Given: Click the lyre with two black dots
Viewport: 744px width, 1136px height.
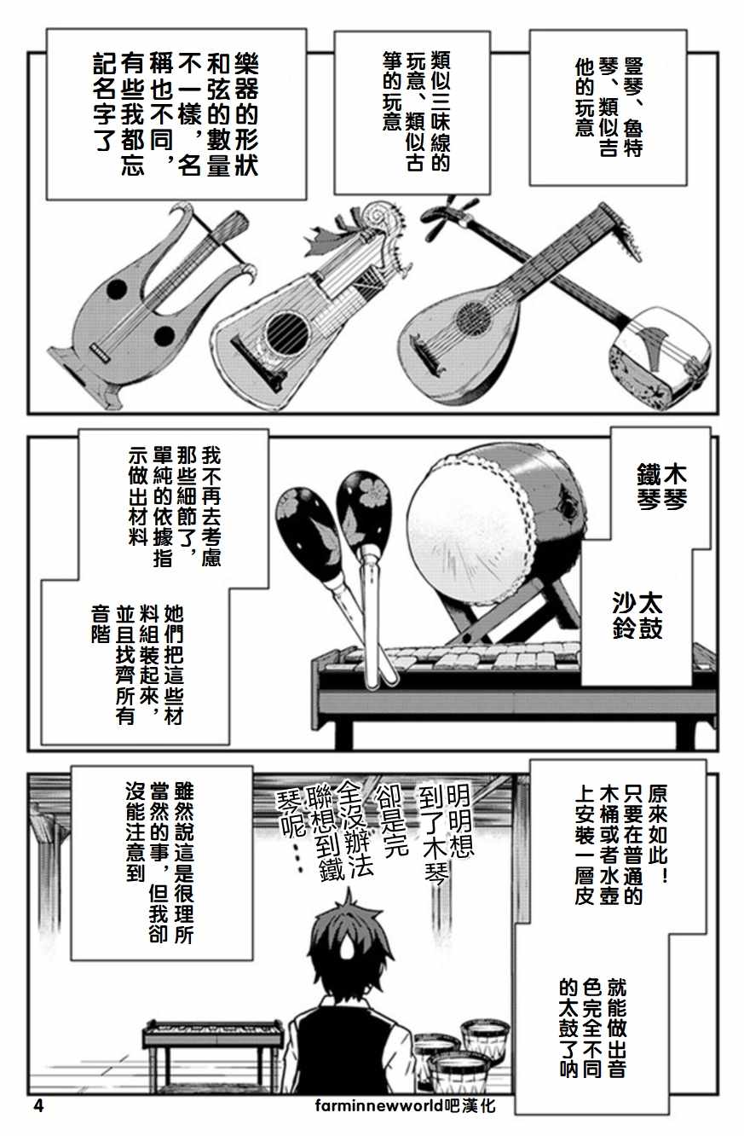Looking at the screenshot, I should pos(145,298).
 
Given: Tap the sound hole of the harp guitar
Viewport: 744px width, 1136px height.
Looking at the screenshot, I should pos(284,327).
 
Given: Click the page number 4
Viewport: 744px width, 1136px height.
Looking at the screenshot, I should pos(37,1106).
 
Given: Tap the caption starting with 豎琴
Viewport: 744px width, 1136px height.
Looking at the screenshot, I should pos(608,107).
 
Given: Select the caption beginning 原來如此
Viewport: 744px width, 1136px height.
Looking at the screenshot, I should pos(621,840).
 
